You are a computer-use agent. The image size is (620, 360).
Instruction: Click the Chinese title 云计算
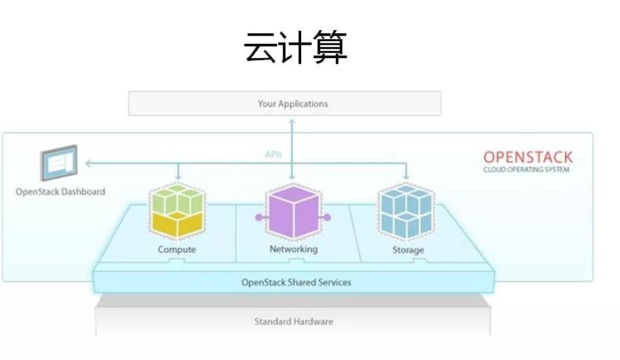(x=295, y=47)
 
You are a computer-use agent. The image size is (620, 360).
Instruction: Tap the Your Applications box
(x=284, y=103)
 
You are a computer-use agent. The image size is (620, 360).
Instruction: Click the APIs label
(x=273, y=154)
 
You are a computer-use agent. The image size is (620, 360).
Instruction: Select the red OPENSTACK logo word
(x=527, y=157)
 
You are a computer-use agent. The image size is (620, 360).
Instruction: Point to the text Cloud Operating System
(x=526, y=170)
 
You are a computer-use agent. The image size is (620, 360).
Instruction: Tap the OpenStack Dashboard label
(x=60, y=192)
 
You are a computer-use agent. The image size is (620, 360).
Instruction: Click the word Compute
(x=176, y=250)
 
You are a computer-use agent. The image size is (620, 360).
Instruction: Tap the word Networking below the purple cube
(x=293, y=249)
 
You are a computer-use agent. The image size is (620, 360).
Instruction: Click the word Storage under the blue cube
(x=408, y=250)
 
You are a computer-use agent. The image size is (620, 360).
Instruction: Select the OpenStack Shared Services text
(x=296, y=282)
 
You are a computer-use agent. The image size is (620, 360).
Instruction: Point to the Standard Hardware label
(x=293, y=321)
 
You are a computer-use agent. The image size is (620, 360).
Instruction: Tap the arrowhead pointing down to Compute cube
(x=177, y=177)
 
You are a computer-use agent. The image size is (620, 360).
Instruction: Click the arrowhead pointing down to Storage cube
(x=407, y=177)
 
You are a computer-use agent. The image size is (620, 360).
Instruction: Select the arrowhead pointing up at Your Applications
(x=292, y=120)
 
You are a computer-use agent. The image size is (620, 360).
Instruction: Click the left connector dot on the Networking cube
(x=258, y=217)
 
